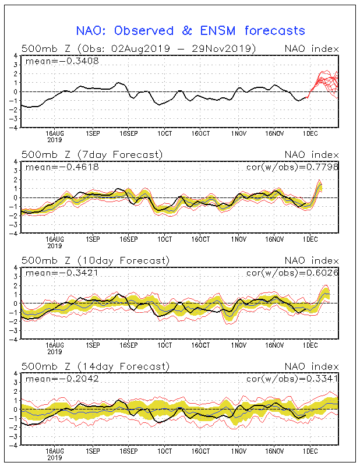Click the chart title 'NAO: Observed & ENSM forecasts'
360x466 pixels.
[190, 30]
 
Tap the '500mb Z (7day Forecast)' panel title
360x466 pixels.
[92, 154]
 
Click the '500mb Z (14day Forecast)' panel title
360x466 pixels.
[95, 366]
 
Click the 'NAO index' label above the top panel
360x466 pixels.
[311, 48]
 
